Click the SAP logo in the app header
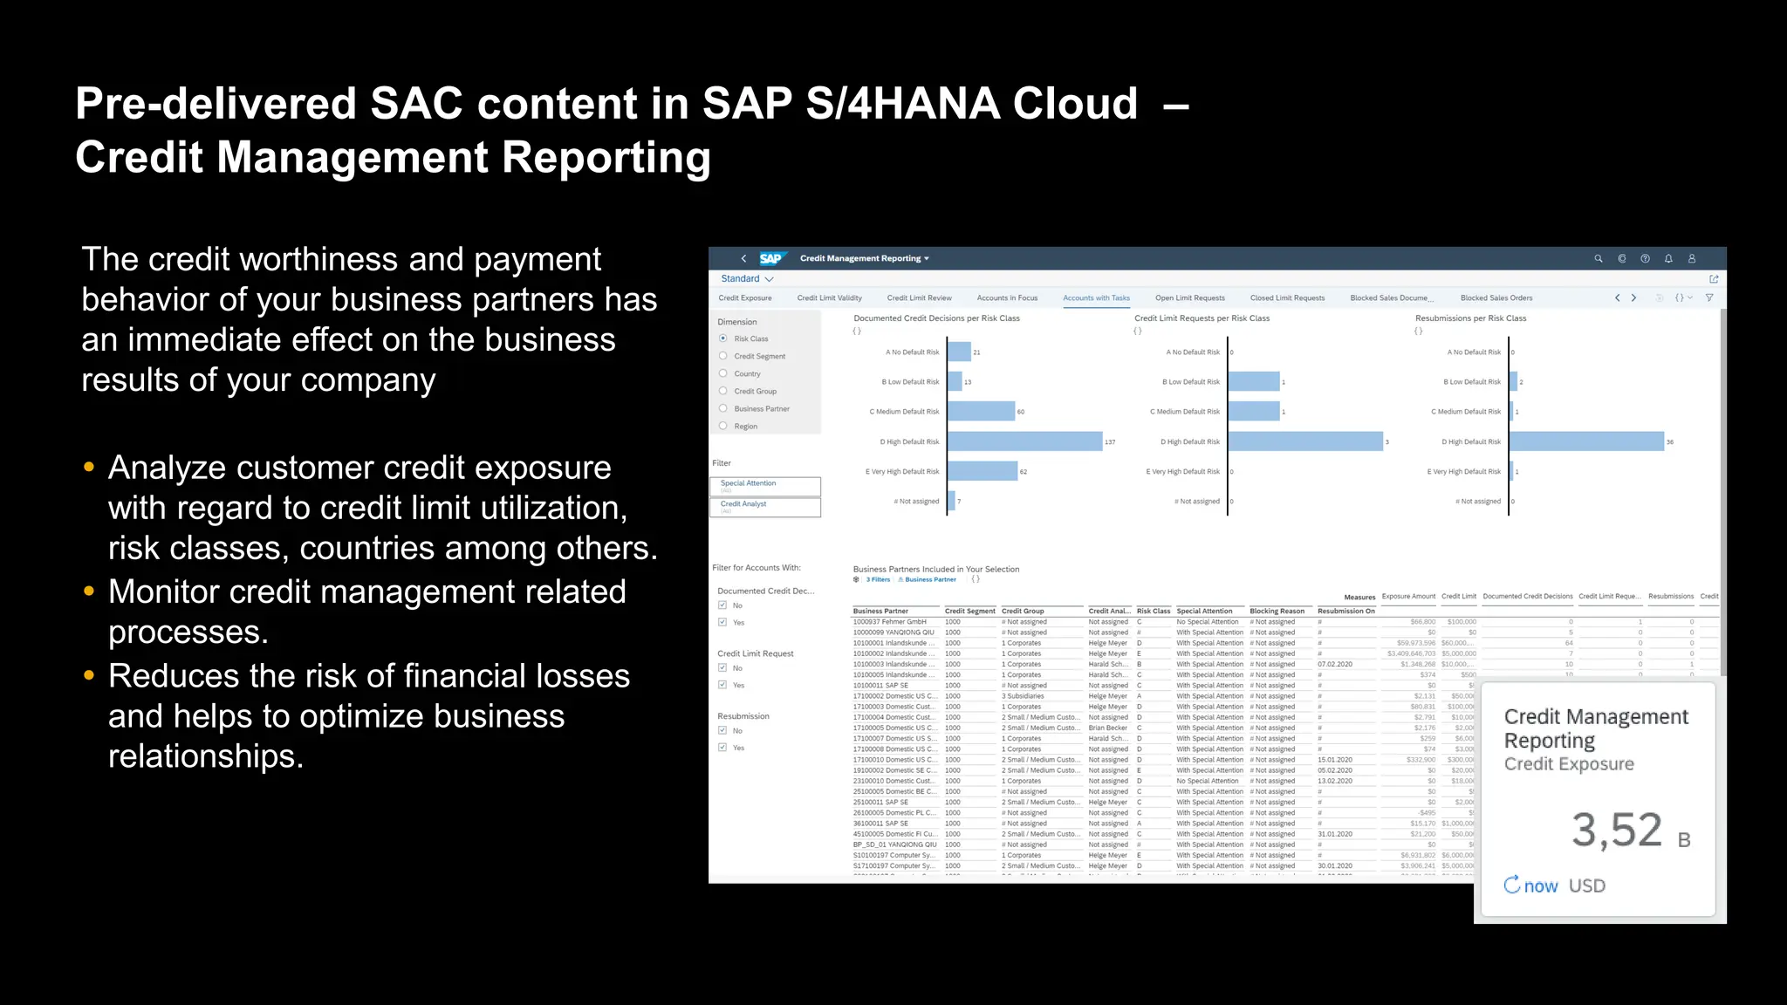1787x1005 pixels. tap(770, 258)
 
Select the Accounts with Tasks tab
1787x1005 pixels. tap(1096, 298)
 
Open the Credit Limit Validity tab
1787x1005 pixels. tap(829, 298)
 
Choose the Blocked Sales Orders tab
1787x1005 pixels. tap(1496, 298)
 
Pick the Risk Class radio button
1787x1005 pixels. tap(723, 338)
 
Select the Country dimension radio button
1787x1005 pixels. tap(723, 373)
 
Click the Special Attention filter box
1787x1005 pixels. tap(765, 486)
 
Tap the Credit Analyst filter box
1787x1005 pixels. tap(765, 507)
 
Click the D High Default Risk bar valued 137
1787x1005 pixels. tap(1024, 442)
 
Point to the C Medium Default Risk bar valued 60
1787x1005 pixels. tap(981, 412)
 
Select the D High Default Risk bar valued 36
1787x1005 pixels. tap(1586, 442)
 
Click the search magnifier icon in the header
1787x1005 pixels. tap(1599, 259)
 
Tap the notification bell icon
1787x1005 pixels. tap(1668, 259)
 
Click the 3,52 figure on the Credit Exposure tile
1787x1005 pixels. tap(1617, 830)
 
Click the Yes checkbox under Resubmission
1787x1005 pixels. tap(722, 748)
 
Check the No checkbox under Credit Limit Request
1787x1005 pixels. tap(722, 668)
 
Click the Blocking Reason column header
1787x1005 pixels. tap(1277, 612)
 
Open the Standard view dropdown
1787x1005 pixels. tap(747, 279)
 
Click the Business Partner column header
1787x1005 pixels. tap(880, 612)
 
